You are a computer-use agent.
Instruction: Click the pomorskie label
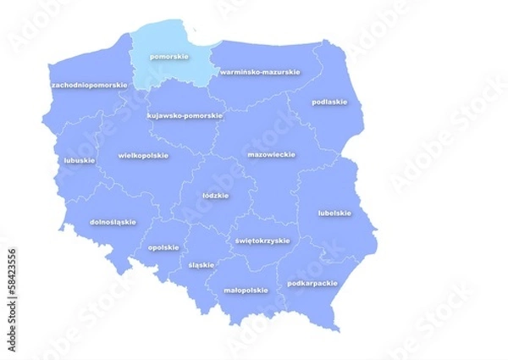(x=169, y=57)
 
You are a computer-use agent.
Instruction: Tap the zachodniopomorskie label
(x=90, y=85)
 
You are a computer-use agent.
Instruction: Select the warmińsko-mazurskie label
(x=260, y=72)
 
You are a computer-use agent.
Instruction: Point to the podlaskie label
(x=329, y=102)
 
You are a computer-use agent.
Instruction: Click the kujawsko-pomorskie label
(x=185, y=115)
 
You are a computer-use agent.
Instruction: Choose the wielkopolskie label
(x=143, y=155)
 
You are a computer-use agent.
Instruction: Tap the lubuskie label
(x=79, y=159)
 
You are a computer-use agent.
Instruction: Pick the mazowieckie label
(x=271, y=155)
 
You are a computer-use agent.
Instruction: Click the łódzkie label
(x=216, y=195)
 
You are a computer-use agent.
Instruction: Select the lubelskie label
(x=334, y=213)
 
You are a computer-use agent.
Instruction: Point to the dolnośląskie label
(x=113, y=222)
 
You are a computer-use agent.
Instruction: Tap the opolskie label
(x=163, y=247)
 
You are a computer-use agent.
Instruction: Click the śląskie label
(x=202, y=264)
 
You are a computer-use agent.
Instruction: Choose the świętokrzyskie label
(x=262, y=240)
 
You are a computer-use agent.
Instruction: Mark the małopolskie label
(x=246, y=290)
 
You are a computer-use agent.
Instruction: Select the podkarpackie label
(x=312, y=283)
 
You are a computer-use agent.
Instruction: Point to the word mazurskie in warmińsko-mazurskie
(x=279, y=72)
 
